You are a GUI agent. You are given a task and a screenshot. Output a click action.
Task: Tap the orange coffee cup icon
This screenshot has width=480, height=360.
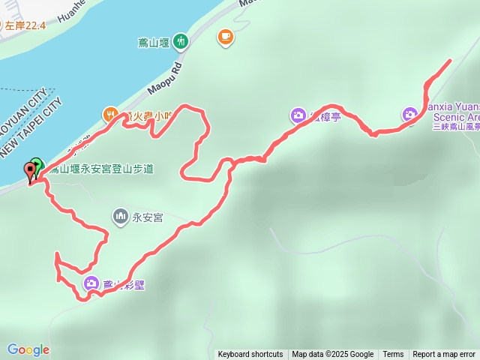click(x=225, y=37)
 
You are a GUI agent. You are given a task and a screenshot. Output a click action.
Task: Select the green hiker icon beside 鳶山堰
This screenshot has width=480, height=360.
click(x=181, y=40)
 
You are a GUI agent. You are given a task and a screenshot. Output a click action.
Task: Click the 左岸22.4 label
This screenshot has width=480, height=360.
click(x=25, y=25)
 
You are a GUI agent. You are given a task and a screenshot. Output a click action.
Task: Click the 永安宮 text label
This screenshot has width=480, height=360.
click(x=148, y=217)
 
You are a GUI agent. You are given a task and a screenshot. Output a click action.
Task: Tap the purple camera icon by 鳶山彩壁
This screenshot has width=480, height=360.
click(x=91, y=283)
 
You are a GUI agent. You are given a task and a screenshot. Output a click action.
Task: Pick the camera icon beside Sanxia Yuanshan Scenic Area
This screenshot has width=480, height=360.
click(x=409, y=114)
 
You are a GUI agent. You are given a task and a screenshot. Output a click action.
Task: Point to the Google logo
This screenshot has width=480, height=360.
click(x=28, y=349)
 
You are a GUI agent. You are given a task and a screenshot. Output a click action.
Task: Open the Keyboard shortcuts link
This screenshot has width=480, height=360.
click(x=250, y=354)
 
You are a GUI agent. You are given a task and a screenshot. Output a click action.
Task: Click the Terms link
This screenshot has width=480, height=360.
click(x=393, y=354)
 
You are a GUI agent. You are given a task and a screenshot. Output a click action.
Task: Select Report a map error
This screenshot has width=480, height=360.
click(x=444, y=354)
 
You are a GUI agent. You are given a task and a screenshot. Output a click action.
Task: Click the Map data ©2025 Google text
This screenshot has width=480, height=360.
click(x=332, y=354)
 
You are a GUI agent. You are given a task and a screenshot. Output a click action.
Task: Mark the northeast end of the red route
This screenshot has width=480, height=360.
click(x=450, y=59)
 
